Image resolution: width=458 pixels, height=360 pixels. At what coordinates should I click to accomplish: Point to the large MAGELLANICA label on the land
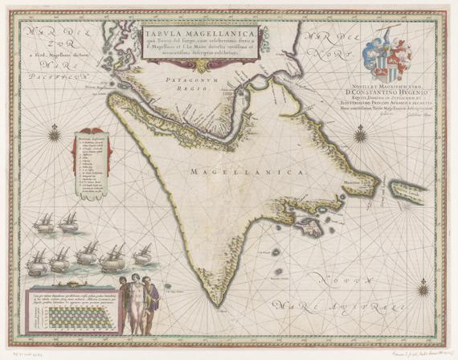click(249, 172)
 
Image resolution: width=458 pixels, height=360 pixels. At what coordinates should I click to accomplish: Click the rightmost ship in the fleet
click(142, 255)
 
